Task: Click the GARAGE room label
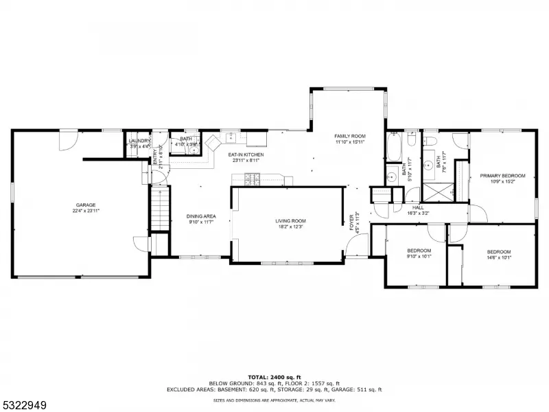click(x=86, y=205)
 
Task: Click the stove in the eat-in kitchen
click(x=251, y=180)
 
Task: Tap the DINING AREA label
click(x=201, y=216)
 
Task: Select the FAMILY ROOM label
click(x=350, y=137)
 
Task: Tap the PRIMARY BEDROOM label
click(x=502, y=176)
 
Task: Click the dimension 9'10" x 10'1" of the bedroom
click(x=419, y=257)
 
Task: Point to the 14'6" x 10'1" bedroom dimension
click(x=499, y=257)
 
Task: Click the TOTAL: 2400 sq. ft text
click(x=274, y=378)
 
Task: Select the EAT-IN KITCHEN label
click(x=246, y=155)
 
